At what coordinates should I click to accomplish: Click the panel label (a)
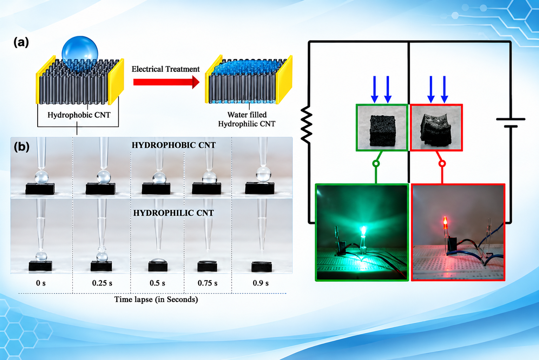point(21,42)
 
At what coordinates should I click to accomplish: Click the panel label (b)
point(22,146)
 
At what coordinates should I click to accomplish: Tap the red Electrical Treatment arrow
point(166,82)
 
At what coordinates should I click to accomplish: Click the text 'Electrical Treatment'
point(165,69)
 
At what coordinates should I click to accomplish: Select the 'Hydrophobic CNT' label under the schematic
point(79,115)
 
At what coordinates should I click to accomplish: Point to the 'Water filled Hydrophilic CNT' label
point(247,119)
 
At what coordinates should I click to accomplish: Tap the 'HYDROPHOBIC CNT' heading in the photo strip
point(173,145)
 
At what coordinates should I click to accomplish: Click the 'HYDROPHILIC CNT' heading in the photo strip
point(173,213)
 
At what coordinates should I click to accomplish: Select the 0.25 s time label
point(102,283)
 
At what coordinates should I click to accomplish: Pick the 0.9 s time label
point(261,283)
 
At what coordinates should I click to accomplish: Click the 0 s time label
point(41,283)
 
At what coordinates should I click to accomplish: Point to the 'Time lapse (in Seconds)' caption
point(156,299)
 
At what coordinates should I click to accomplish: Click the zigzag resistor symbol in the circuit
point(307,124)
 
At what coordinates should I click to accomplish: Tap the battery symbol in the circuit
point(511,123)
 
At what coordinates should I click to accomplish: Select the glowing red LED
point(445,223)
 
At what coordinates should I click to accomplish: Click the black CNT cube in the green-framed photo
point(382,131)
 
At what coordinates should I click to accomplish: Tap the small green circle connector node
point(376,164)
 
